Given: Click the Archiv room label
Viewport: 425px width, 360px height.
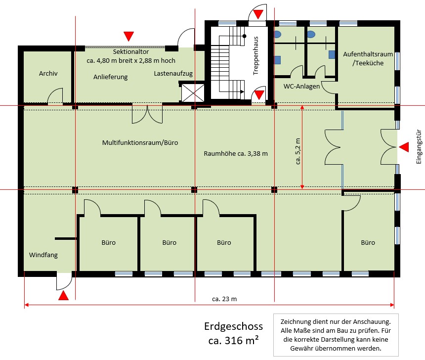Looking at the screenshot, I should click(x=48, y=73).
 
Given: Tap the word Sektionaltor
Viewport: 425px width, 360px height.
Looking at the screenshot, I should click(x=131, y=52).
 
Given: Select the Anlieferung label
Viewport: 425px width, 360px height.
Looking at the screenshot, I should click(x=111, y=77).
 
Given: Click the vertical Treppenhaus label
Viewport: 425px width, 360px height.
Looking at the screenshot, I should click(x=256, y=55).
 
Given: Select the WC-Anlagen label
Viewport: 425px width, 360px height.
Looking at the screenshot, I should click(x=301, y=86).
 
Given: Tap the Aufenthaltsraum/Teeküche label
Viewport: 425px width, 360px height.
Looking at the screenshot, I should click(x=363, y=58).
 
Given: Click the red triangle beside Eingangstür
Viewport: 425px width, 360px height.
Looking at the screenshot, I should click(x=404, y=147).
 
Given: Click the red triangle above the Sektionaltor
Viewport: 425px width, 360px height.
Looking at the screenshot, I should click(x=128, y=36).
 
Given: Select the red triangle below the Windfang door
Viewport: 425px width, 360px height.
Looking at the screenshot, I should click(x=63, y=296).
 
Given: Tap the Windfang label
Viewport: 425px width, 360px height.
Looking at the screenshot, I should click(x=43, y=255).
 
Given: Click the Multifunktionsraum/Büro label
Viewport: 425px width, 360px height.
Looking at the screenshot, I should click(x=140, y=143).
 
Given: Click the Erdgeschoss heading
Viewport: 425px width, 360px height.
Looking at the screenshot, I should click(x=233, y=326).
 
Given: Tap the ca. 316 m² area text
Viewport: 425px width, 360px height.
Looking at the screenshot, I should click(x=233, y=340).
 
